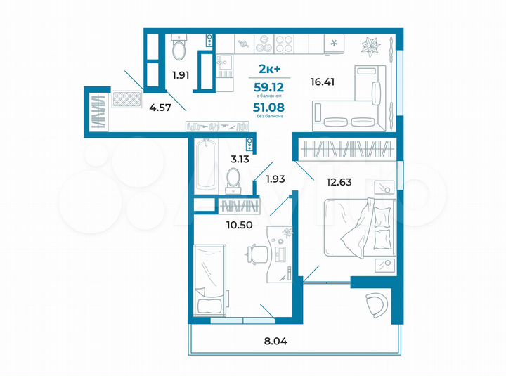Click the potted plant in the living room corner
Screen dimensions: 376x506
click(x=370, y=46)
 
